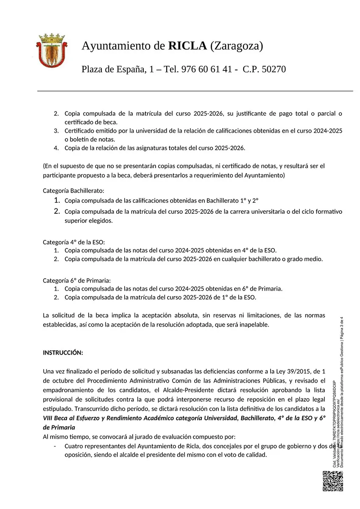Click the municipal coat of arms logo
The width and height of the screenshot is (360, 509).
coord(52,50)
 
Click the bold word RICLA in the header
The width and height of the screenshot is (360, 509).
coord(187,46)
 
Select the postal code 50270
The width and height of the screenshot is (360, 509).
coord(270,69)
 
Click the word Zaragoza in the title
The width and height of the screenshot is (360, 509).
coord(237,46)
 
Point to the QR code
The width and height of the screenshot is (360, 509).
coord(333,481)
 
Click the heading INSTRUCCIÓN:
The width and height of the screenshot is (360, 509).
coord(63,353)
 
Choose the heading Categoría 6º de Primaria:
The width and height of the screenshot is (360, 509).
coord(77,280)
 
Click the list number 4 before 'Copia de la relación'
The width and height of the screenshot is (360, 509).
coord(56,148)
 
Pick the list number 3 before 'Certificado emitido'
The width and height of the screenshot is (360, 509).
coord(56,131)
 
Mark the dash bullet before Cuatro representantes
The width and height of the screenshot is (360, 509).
coord(55,446)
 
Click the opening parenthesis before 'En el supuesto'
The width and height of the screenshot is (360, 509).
coord(44,165)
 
